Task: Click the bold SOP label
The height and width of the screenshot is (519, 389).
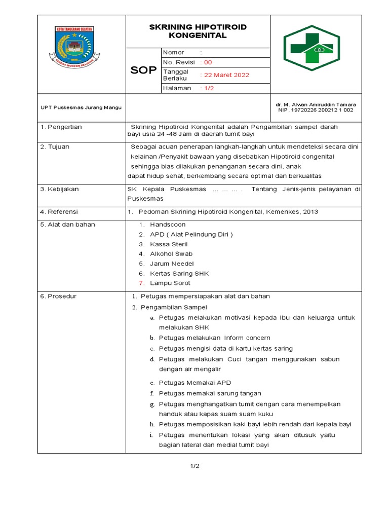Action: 143,70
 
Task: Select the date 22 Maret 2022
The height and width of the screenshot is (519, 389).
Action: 226,75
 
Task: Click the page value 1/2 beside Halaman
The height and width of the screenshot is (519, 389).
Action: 208,88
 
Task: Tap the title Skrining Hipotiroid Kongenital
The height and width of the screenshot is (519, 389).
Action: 198,31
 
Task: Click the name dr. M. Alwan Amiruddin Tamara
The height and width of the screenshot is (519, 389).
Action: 316,104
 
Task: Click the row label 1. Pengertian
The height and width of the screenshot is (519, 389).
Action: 61,127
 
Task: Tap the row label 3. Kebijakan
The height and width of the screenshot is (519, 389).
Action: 59,189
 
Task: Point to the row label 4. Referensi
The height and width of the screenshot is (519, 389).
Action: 59,211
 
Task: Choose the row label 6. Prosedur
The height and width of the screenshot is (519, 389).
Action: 58,296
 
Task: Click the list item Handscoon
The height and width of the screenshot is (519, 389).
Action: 168,225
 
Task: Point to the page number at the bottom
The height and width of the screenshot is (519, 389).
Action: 195,466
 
